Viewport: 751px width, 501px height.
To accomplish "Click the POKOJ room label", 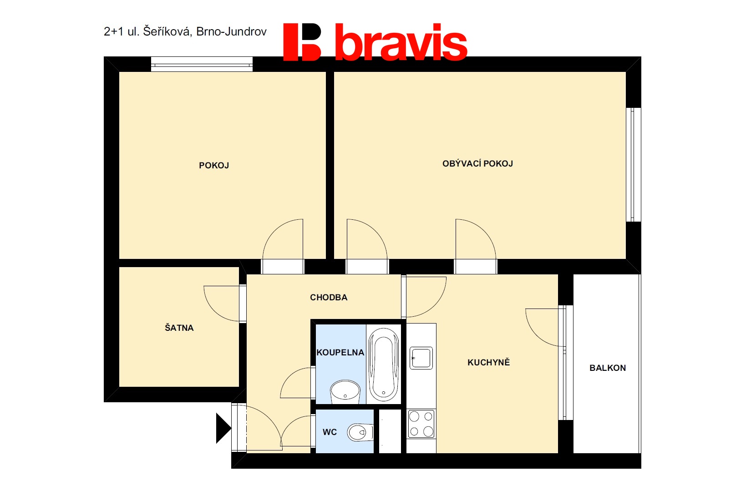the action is [x=214, y=166].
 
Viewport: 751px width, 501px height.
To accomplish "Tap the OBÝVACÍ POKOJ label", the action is [x=477, y=163].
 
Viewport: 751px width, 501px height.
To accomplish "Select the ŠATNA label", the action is [x=179, y=328].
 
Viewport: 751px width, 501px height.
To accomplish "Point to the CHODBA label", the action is [x=329, y=297].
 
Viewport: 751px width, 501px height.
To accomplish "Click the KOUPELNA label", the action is [x=340, y=352].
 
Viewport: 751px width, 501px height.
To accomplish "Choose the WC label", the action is [x=330, y=432].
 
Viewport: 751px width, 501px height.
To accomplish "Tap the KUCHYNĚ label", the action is [x=488, y=362].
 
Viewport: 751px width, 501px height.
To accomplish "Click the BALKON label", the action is [x=608, y=368].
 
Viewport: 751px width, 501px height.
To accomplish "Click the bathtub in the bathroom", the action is [x=384, y=364].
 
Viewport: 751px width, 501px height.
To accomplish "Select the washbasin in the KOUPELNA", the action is [x=345, y=391].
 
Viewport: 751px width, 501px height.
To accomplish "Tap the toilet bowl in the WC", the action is [x=360, y=432].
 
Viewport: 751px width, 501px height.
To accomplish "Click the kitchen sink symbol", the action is [x=421, y=358].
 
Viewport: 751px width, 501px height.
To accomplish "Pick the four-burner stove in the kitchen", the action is [x=421, y=424].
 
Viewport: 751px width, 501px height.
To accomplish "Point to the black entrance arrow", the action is [x=223, y=428].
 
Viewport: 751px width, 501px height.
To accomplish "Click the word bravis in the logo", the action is [x=401, y=42].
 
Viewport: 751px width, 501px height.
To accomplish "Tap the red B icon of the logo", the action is [x=302, y=42].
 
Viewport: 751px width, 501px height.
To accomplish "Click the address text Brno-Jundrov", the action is [x=231, y=31].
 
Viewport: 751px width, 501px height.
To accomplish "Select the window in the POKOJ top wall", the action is [x=202, y=64].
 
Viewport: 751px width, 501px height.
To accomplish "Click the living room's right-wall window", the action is [x=633, y=165].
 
